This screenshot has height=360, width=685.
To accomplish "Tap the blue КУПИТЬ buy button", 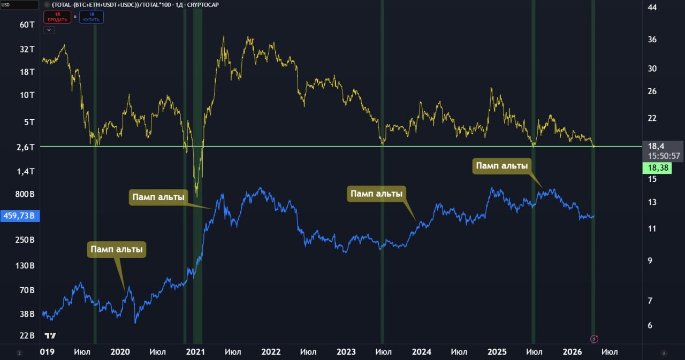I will pos(92,17).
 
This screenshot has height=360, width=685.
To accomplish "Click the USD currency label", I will pos(7,5).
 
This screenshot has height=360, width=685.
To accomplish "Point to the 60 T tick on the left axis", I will pos(27,25).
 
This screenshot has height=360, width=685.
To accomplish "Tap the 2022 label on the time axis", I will pos(271,352).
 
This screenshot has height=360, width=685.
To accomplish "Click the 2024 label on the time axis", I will pos(422,352).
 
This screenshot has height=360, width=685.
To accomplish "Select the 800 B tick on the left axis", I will pos(25,194).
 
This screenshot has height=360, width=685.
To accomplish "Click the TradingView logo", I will pos(50,336).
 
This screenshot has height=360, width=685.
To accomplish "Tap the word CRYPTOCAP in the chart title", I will pos(203,5).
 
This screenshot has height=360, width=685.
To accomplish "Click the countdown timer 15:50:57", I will pos(663,156).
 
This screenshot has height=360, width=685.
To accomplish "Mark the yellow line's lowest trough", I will pos(197,196).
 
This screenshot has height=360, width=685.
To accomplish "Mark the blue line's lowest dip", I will pos(135,323).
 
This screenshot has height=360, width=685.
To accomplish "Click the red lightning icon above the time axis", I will pos(594,339).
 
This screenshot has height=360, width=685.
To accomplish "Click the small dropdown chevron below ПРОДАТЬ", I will pos(49,30).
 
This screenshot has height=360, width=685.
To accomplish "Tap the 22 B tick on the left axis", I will pos(27,336).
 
